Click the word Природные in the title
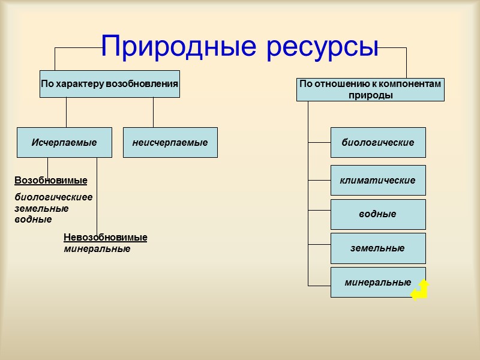coord(179,47)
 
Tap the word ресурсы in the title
coord(322,47)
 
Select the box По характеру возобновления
coord(109,84)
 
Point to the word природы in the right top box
coord(370,95)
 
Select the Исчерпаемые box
coord(64,142)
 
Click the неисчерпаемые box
coord(170,142)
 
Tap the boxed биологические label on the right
coord(378,142)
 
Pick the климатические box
coord(378,180)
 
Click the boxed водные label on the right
coord(378,214)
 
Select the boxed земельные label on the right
coord(378,248)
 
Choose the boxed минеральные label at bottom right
coord(378,282)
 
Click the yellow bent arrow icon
coord(421,290)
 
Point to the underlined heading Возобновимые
coord(51,180)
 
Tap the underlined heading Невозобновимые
coord(105,238)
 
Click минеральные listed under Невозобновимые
coord(97,248)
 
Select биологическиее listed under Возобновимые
coord(53,197)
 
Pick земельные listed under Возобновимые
coord(41,208)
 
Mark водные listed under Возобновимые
coord(33,219)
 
